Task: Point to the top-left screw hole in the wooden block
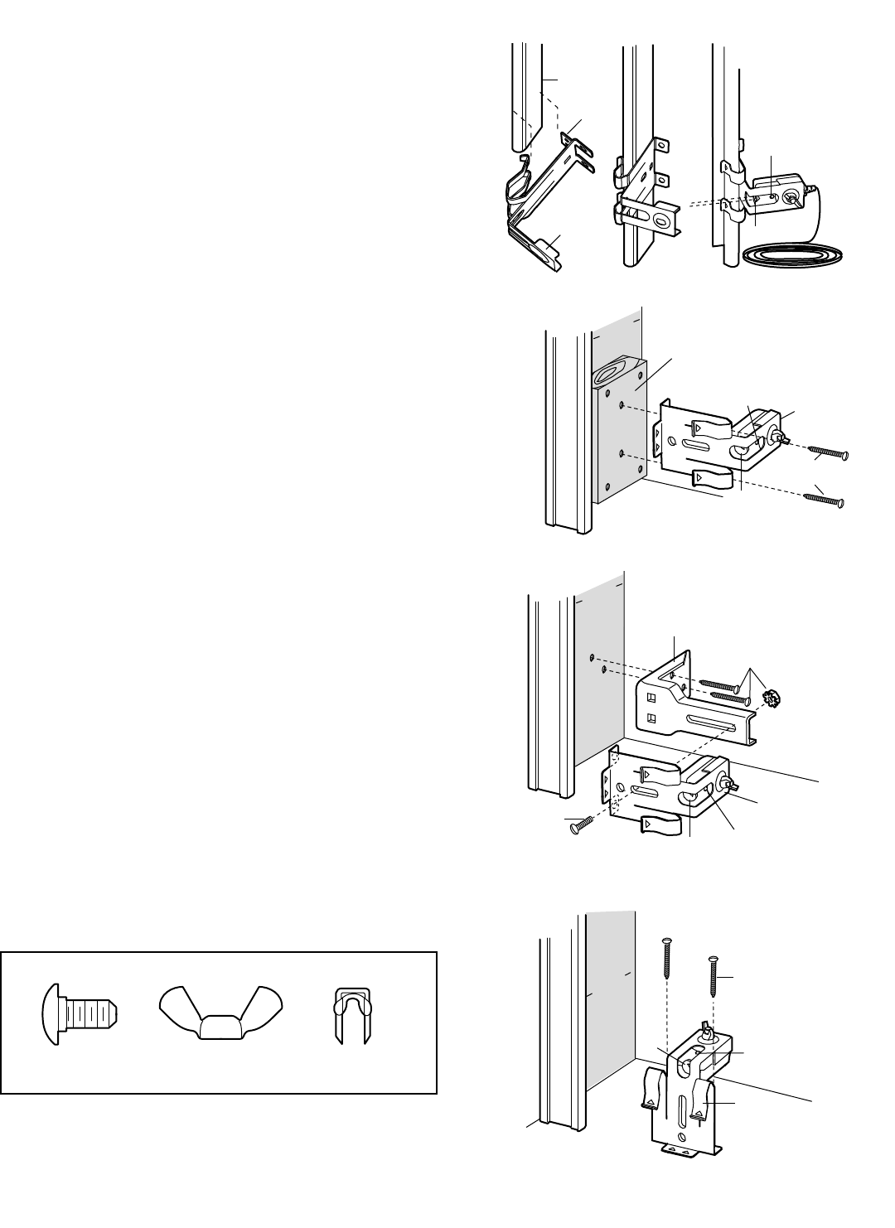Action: pos(609,372)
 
